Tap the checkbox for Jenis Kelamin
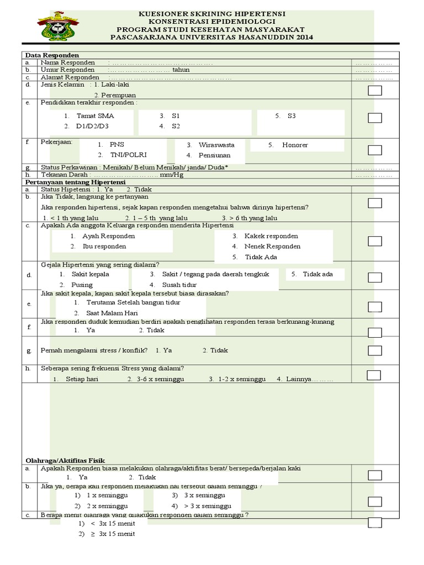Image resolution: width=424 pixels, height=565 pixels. coord(375,91)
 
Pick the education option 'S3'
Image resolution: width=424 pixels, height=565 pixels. coord(291,116)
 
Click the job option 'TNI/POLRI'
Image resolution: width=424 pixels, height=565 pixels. coord(128,155)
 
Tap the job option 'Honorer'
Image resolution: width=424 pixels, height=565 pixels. coord(295,145)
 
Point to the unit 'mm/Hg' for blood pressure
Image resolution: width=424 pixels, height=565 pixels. coord(171,175)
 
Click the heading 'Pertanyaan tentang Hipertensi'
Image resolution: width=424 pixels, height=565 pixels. coord(76,182)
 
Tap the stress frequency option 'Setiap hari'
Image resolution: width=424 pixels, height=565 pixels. coord(82,380)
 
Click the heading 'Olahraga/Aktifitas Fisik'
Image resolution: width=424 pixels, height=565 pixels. coord(65,460)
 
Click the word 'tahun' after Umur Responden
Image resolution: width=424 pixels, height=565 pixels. coord(181,70)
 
